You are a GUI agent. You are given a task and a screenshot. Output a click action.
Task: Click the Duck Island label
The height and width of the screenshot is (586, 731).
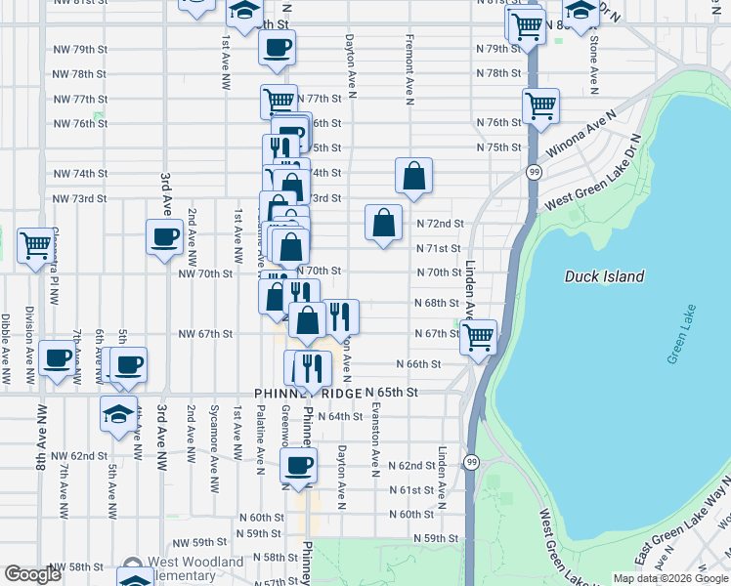(x=604, y=276)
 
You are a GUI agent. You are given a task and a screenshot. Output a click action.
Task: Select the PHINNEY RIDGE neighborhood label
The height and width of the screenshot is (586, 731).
(x=308, y=392)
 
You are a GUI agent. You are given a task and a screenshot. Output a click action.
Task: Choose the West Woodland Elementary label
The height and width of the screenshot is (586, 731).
(x=194, y=568)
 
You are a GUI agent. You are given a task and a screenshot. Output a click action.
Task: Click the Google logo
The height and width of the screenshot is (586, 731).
(x=32, y=574)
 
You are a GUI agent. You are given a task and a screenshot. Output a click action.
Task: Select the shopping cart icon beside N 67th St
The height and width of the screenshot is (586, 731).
(x=478, y=337)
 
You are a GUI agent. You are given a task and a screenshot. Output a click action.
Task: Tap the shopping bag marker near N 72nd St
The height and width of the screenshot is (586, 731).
(x=384, y=222)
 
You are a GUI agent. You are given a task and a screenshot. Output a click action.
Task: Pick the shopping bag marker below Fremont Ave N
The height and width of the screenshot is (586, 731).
(x=414, y=176)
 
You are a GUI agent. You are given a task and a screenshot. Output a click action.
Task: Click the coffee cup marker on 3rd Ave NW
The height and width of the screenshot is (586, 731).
(x=164, y=236)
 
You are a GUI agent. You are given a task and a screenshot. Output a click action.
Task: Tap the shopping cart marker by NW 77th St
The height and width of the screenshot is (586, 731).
(x=279, y=101)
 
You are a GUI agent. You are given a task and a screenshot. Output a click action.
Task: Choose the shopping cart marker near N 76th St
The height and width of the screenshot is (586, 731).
(x=539, y=105)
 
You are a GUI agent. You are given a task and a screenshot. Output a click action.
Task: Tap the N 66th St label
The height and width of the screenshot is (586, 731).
(x=418, y=363)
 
